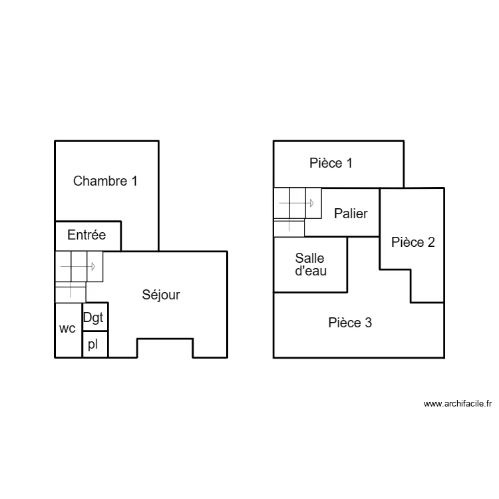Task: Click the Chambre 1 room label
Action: coord(105,180)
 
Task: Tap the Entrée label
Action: coord(86,235)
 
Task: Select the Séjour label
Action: coord(161,295)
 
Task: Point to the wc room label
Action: coord(67,329)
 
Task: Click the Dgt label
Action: coord(94,317)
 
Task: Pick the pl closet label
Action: coord(93,344)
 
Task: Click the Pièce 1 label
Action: coord(331,163)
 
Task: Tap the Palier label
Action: coord(351,214)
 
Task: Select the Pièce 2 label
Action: coord(413,242)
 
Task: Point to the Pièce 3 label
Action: coord(350,323)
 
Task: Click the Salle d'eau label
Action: coord(311,264)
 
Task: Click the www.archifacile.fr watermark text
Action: coord(457,403)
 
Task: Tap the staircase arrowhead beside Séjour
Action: coord(93,266)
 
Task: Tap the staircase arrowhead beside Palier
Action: coord(311,204)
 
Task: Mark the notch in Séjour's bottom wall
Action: coord(165,347)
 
